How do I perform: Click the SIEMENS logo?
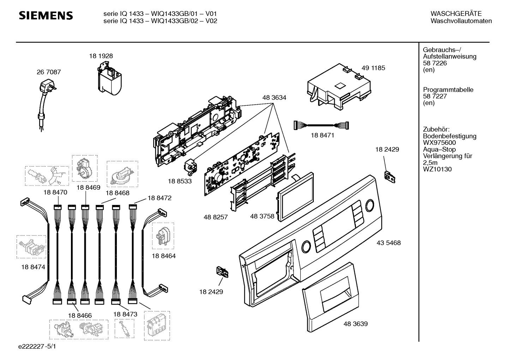tap(46, 16)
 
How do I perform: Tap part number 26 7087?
tap(49, 72)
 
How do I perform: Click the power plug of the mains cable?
tap(48, 87)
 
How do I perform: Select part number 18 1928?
tap(101, 56)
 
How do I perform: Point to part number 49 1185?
tap(373, 68)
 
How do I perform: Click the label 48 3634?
tap(274, 98)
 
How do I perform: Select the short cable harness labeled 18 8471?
tap(321, 125)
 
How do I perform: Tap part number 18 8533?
tap(180, 181)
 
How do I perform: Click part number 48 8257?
tap(216, 217)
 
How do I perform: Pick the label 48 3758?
tap(262, 216)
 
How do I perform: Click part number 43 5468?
tap(389, 243)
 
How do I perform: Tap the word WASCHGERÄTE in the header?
tap(456, 14)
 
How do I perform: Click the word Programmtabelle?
tap(448, 90)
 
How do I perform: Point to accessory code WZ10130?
tap(437, 169)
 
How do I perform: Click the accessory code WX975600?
tap(439, 143)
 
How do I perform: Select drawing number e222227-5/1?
tap(37, 346)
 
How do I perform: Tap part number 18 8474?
tap(33, 267)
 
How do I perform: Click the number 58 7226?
tap(435, 63)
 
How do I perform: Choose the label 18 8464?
tap(164, 256)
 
